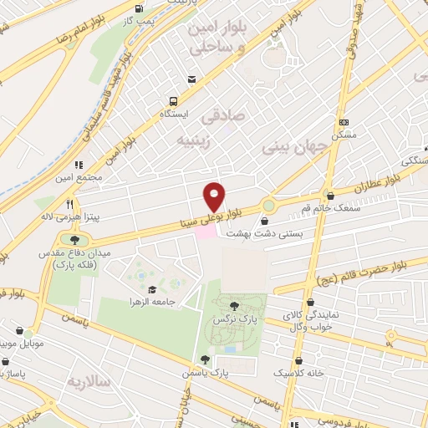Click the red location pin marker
[x=215, y=196]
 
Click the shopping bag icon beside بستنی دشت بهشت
[x=265, y=222]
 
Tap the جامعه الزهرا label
[x=150, y=301]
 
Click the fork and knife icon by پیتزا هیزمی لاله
[x=70, y=203]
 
